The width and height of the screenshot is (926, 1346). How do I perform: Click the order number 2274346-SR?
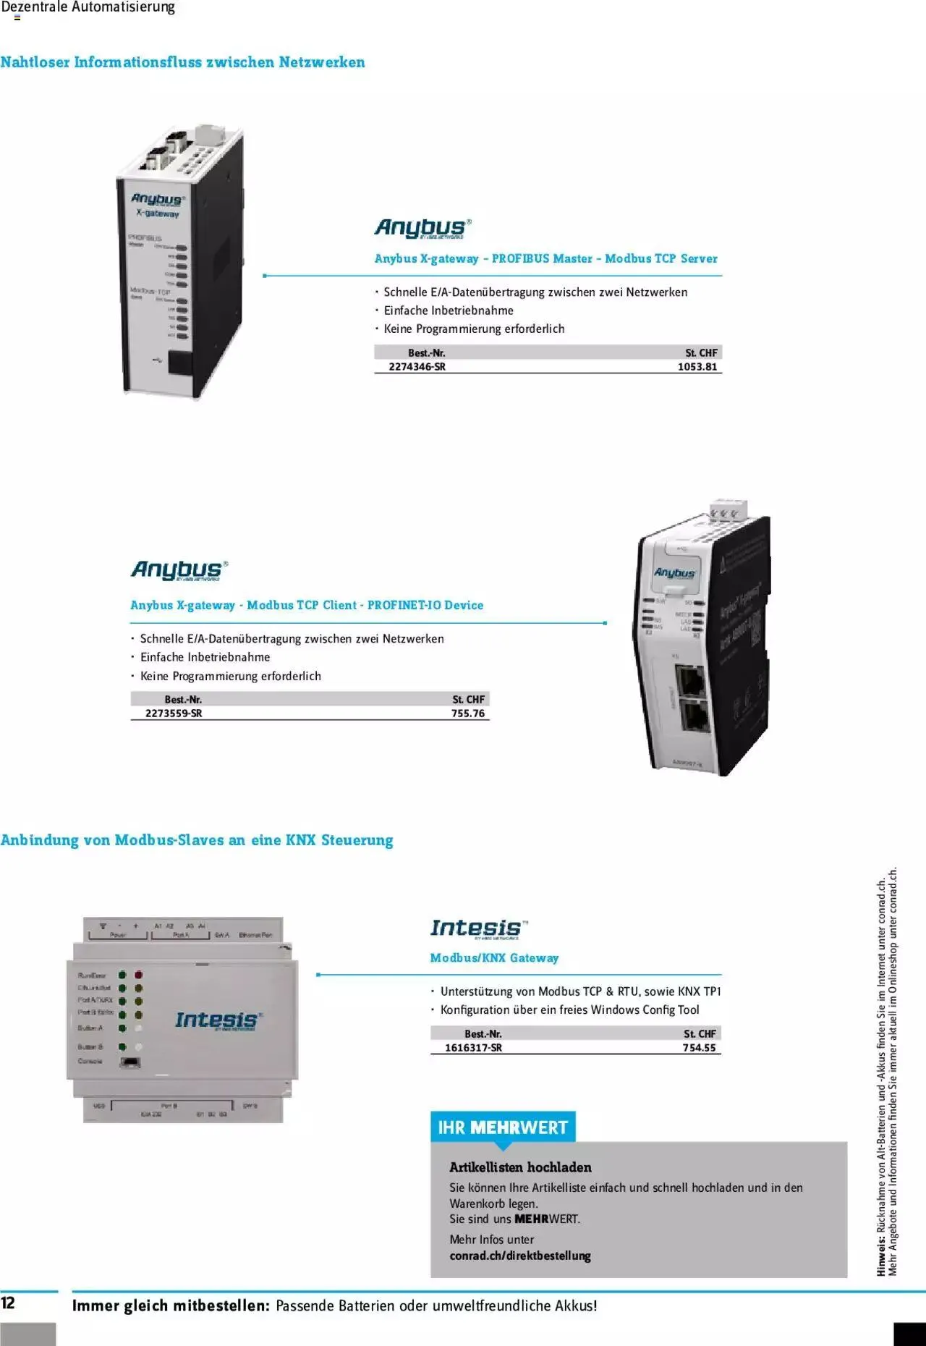point(417,367)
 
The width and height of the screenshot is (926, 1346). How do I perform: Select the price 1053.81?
point(697,367)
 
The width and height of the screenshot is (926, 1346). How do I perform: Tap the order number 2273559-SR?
point(174,714)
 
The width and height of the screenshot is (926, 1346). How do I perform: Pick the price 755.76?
point(468,714)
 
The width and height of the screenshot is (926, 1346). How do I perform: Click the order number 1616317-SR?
point(473,1048)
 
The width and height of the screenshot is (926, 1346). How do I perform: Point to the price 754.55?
point(699,1048)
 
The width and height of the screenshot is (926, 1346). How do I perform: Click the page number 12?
point(8,1303)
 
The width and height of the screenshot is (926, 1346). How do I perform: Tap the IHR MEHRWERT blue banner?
point(503,1127)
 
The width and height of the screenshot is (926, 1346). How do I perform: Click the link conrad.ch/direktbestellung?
point(520,1256)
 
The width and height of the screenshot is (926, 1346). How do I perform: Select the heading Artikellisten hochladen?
point(520,1167)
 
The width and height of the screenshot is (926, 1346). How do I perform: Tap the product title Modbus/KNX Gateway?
point(494,958)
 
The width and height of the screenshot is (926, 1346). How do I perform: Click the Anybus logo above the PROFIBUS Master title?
point(423,228)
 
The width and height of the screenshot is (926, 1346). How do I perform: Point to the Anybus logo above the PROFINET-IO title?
point(179,570)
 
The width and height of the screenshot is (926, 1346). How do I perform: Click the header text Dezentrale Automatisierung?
point(88,8)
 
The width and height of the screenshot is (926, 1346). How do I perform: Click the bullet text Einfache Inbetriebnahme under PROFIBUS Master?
point(449,310)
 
